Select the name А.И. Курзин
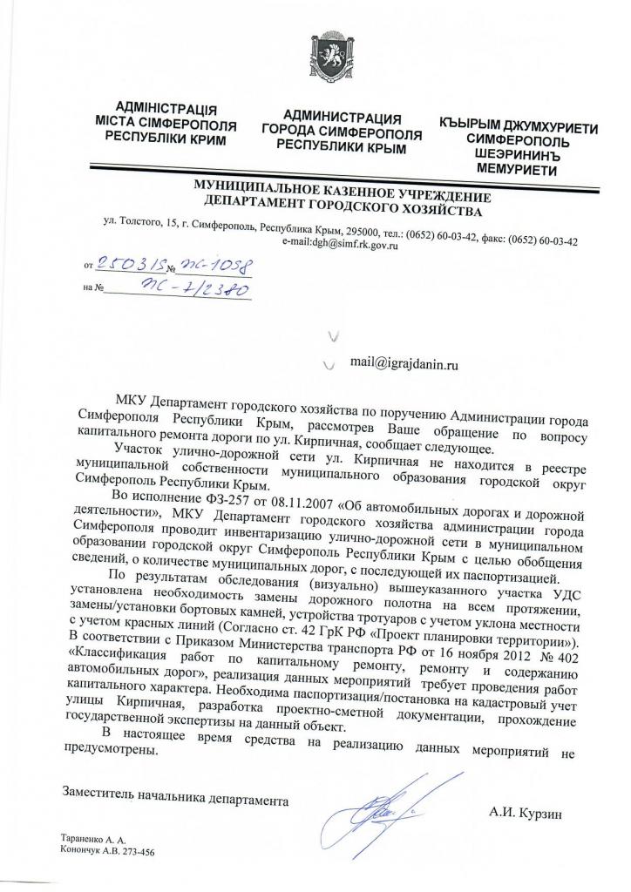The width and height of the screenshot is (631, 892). [526, 814]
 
